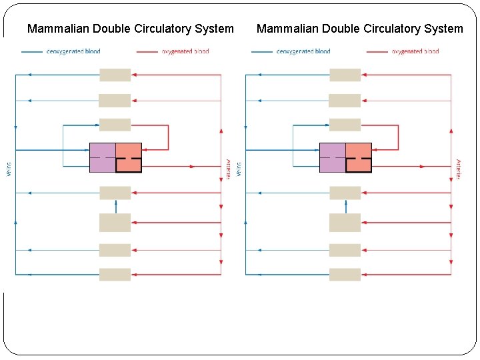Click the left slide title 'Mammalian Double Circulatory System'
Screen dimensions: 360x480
click(x=130, y=29)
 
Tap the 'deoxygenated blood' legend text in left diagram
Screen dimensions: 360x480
click(x=73, y=51)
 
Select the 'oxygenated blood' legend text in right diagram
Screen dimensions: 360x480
click(x=415, y=51)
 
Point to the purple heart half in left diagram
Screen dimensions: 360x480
click(x=102, y=157)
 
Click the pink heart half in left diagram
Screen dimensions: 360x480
click(x=129, y=157)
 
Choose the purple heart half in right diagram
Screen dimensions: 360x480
click(x=332, y=157)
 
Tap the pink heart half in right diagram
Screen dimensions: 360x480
click(x=359, y=157)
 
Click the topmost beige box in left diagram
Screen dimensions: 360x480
click(x=115, y=75)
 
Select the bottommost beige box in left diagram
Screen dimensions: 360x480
click(x=115, y=274)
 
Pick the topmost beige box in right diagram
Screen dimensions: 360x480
click(x=345, y=75)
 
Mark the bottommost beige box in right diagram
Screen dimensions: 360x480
click(x=345, y=274)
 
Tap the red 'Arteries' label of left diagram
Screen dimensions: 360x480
click(x=228, y=169)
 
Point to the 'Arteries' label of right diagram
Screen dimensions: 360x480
click(x=458, y=169)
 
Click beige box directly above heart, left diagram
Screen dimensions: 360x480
click(x=115, y=125)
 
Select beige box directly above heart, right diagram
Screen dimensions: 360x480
click(x=345, y=125)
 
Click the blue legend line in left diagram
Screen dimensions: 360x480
click(x=32, y=51)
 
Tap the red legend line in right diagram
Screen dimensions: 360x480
click(x=377, y=51)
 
